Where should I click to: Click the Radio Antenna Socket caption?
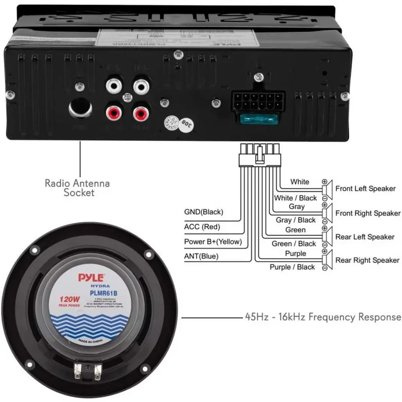point(77,188)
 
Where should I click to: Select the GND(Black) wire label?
point(203,212)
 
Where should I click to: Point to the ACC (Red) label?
point(202,227)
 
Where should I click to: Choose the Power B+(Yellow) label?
point(213,242)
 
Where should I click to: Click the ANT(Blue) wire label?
point(201,257)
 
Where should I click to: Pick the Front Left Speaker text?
point(365,189)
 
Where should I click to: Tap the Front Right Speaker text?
point(368,214)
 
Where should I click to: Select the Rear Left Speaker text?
point(365,237)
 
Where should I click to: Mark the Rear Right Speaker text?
point(367,260)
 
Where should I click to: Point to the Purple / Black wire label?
point(292,267)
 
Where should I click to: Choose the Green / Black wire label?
point(294,244)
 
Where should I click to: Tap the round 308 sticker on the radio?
point(188,126)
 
